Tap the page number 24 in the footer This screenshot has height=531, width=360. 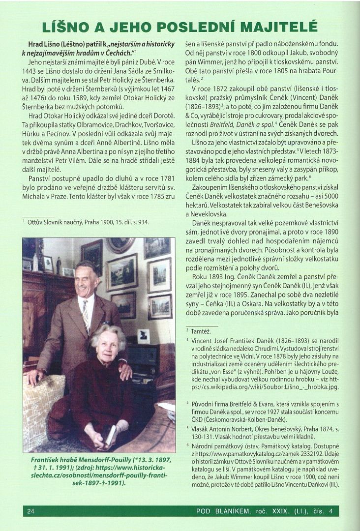click(31, 511)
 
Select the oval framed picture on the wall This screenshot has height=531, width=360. click(120, 244)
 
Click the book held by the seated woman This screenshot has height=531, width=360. click(111, 435)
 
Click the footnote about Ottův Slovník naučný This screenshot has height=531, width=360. click(89, 222)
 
